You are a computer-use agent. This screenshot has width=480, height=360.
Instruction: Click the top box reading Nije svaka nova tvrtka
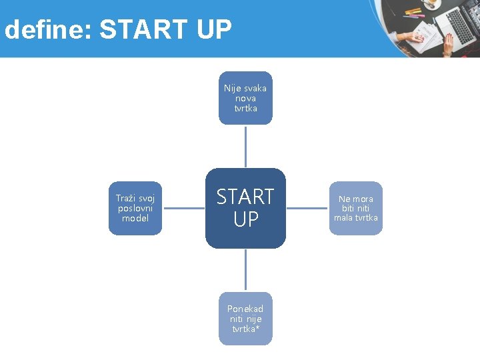tap(245, 98)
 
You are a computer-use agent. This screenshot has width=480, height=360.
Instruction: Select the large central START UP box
tap(245, 208)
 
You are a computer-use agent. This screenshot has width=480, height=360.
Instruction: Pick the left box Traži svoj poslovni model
tap(135, 208)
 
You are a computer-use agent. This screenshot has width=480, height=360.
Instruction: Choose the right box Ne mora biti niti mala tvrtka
tap(356, 208)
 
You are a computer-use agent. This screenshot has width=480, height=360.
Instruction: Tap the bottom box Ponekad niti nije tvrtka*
tap(245, 319)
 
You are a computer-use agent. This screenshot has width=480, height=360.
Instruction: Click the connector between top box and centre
tap(245, 146)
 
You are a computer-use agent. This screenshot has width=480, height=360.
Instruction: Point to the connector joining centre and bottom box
tap(245, 270)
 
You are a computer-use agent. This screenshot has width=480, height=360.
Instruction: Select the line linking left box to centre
tap(183, 208)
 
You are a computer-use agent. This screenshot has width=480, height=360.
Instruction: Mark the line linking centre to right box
tap(307, 208)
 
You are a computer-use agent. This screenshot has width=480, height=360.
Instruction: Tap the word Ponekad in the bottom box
tap(245, 309)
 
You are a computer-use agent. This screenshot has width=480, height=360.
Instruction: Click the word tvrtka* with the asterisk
tap(246, 329)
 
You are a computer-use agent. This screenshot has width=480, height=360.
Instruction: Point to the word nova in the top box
tap(245, 98)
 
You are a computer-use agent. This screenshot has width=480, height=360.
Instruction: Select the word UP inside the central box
tap(245, 219)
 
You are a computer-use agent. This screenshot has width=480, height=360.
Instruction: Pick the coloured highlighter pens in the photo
tap(414, 12)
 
